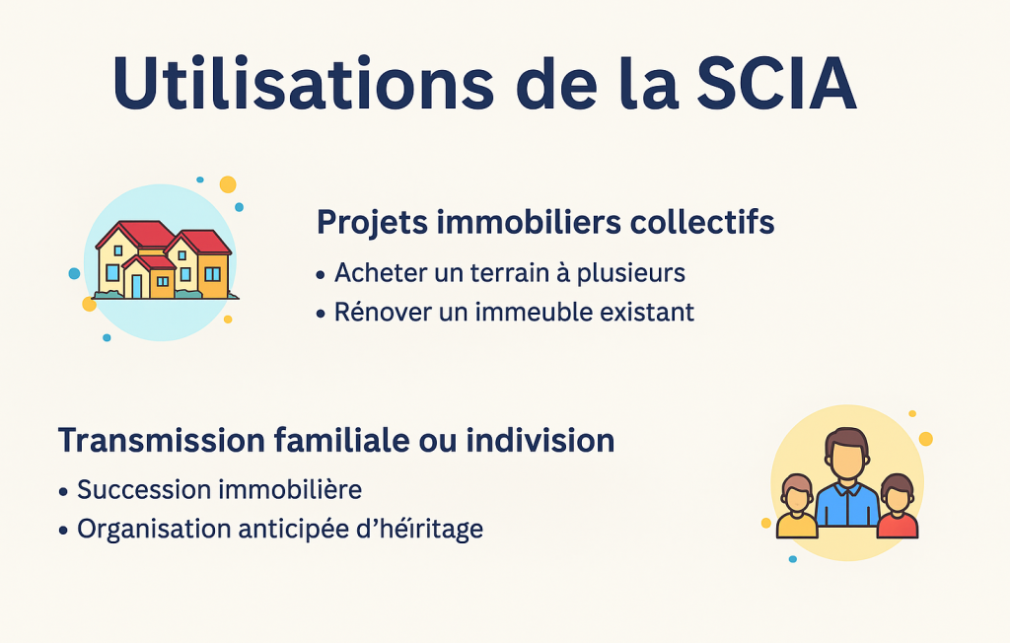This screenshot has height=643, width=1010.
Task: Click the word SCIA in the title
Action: (x=776, y=84)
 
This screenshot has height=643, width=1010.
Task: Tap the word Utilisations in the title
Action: (x=304, y=84)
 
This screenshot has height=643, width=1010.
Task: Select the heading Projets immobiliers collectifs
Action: (x=544, y=222)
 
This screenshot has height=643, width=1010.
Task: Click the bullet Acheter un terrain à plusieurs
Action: (x=510, y=273)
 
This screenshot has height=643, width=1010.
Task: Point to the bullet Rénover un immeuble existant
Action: (x=514, y=312)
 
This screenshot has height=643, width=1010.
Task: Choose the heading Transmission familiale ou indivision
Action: (x=336, y=441)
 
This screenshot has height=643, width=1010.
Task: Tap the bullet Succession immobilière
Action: (x=220, y=490)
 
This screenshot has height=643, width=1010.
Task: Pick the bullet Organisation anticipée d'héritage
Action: (x=280, y=529)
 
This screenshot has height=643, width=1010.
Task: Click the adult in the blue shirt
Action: (x=846, y=480)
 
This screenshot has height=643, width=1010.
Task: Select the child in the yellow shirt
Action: (x=797, y=507)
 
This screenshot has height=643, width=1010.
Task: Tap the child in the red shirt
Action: (x=898, y=506)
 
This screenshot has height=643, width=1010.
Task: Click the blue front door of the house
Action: (x=136, y=286)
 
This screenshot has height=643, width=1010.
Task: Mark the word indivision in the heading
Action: (x=541, y=441)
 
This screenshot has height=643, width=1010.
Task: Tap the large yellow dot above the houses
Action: (x=228, y=184)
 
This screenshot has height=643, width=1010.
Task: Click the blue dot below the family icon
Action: (x=793, y=559)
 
